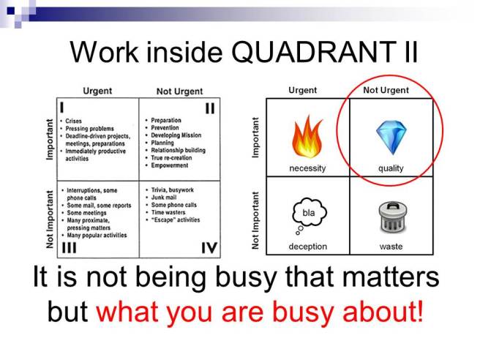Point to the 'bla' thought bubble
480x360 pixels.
(308, 213)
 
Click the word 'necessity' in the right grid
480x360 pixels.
(307, 168)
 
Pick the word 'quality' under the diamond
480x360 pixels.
(391, 168)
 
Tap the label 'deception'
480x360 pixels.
(307, 247)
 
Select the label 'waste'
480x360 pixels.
(391, 247)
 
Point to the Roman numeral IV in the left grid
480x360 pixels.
(209, 249)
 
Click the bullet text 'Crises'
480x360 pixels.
(74, 121)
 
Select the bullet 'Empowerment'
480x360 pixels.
(170, 165)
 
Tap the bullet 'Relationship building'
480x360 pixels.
(179, 150)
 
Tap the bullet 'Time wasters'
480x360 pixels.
(170, 212)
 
